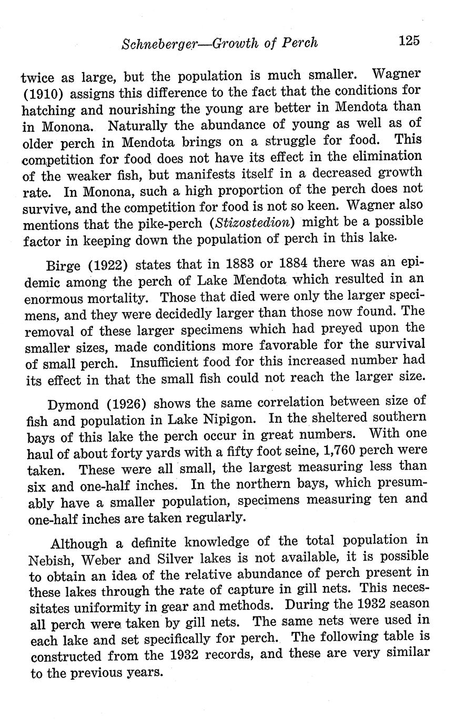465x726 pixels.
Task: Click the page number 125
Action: tap(409, 40)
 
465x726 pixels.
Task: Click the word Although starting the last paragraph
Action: tap(79, 543)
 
